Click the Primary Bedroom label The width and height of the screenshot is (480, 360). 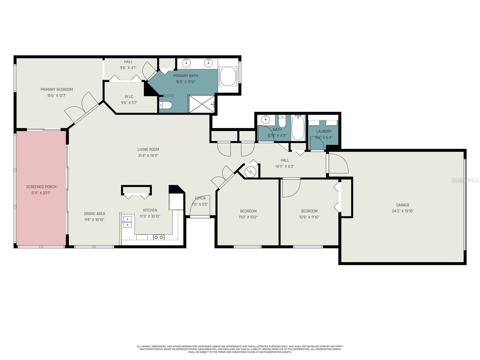[57, 89]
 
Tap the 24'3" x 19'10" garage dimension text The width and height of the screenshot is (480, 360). [403, 211]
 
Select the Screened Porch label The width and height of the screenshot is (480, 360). [41, 187]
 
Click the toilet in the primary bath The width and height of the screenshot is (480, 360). [166, 105]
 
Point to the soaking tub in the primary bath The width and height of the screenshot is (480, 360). [228, 76]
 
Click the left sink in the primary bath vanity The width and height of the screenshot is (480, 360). [187, 63]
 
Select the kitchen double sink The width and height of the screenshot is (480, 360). [127, 222]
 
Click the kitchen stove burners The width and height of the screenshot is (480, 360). [159, 237]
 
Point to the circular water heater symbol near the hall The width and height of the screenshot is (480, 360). [250, 172]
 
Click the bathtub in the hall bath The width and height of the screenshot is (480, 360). [298, 128]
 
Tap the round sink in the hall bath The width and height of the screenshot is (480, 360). [265, 120]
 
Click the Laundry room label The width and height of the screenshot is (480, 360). [324, 131]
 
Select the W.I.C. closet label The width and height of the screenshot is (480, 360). [129, 96]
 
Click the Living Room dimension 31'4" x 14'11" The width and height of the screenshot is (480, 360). [148, 155]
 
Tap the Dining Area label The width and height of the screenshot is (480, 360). [94, 214]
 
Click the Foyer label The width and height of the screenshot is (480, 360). [200, 198]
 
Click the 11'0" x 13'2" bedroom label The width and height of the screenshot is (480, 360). [248, 211]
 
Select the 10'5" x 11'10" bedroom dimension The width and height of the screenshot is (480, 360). [309, 217]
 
